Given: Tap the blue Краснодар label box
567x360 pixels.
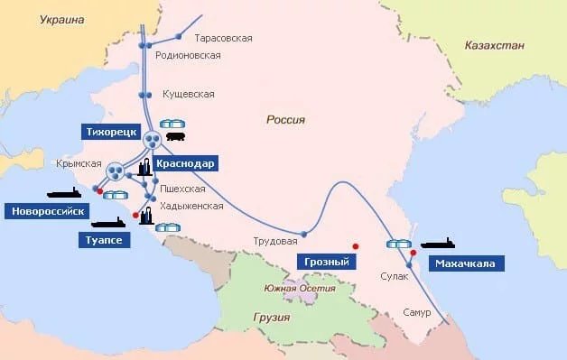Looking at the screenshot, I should (x=184, y=163).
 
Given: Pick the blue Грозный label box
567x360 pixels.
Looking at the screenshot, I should (x=325, y=262).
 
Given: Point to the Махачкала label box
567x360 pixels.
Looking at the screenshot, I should (x=465, y=263).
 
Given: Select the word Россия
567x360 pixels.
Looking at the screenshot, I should (x=286, y=119).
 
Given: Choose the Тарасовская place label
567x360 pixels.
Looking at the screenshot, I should (x=223, y=38).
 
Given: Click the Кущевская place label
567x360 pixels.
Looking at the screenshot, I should (x=188, y=94).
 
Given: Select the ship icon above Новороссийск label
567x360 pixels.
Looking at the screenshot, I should (x=64, y=192).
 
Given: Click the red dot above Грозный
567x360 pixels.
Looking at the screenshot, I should (x=356, y=245).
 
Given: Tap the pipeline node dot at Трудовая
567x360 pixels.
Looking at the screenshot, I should (x=303, y=234).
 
